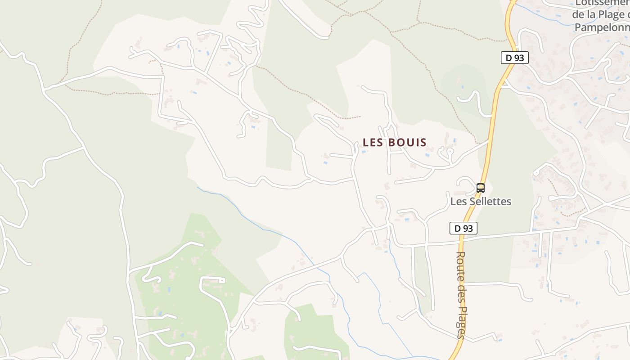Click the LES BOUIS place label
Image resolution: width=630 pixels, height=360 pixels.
[395, 143]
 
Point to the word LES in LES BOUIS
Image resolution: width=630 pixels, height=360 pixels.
[373, 143]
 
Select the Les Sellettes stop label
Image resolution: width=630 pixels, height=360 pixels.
[481, 201]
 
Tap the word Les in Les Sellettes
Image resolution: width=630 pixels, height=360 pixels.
[458, 201]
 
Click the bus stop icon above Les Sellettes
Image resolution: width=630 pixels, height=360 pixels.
[481, 188]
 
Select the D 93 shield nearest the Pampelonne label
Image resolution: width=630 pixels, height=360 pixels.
[514, 58]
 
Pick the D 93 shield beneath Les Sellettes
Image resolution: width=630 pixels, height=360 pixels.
[463, 228]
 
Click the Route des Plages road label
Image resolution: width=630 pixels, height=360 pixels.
[461, 295]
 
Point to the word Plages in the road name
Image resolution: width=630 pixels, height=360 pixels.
[461, 320]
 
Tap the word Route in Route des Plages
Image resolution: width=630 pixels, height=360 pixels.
[461, 265]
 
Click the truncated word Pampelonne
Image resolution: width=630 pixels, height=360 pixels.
[602, 27]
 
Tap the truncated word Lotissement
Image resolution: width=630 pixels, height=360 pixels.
[602, 4]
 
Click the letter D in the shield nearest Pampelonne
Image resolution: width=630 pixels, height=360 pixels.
[509, 58]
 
